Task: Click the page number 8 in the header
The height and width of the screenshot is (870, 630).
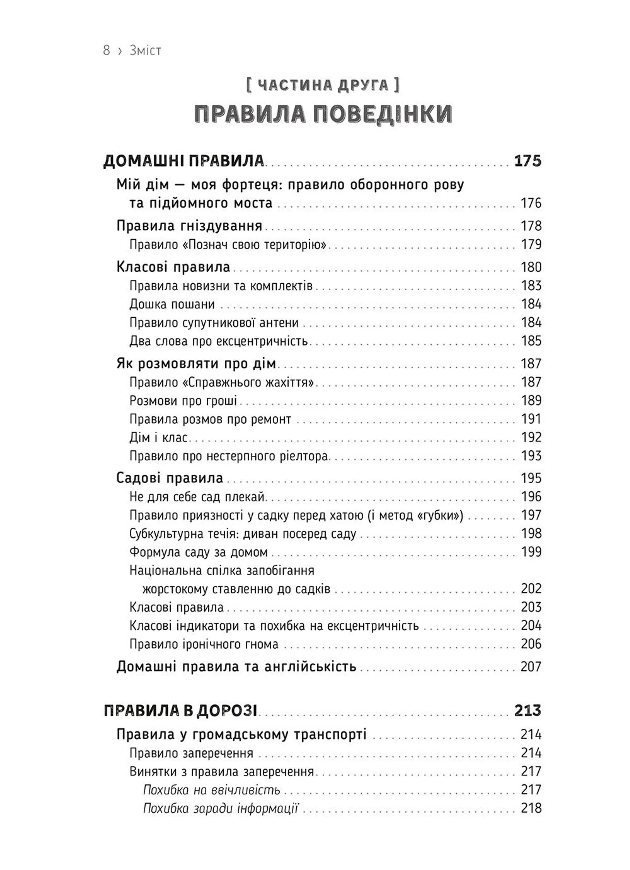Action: (x=106, y=50)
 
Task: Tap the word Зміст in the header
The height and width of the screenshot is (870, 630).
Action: (x=145, y=51)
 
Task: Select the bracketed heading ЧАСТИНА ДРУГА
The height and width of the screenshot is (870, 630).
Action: (x=323, y=85)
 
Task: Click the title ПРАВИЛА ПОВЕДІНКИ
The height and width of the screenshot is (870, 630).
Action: (x=323, y=114)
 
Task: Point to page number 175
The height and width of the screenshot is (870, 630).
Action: (x=527, y=161)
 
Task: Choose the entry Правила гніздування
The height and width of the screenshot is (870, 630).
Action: (x=189, y=226)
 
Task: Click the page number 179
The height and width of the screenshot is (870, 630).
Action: (x=531, y=244)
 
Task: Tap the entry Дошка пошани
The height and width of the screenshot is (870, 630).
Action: (x=172, y=305)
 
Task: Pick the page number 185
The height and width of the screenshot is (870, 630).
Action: (x=531, y=341)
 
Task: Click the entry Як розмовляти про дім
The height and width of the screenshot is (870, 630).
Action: (x=196, y=364)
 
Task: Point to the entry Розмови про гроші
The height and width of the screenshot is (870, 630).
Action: (x=183, y=401)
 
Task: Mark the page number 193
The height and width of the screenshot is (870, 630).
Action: (x=531, y=456)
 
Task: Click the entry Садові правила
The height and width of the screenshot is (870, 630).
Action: (x=170, y=478)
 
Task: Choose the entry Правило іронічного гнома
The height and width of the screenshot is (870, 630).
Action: (x=204, y=644)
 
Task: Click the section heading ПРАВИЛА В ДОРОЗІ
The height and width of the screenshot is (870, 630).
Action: (x=180, y=711)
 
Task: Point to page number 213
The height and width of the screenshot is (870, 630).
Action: (x=527, y=711)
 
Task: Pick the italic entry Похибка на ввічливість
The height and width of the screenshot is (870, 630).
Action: (x=212, y=790)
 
